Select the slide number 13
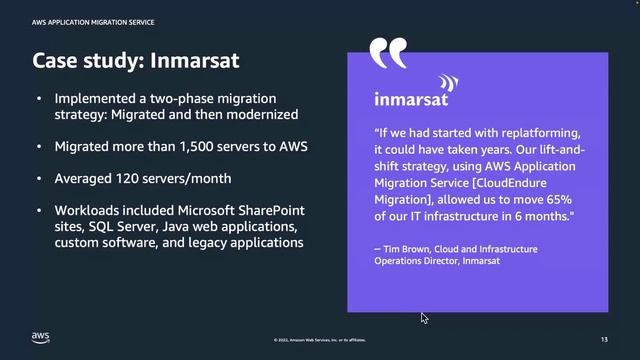tap(605, 340)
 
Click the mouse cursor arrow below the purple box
tap(424, 318)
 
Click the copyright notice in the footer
tap(319, 341)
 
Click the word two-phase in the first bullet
tap(174, 99)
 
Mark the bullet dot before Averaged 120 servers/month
tap(39, 179)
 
